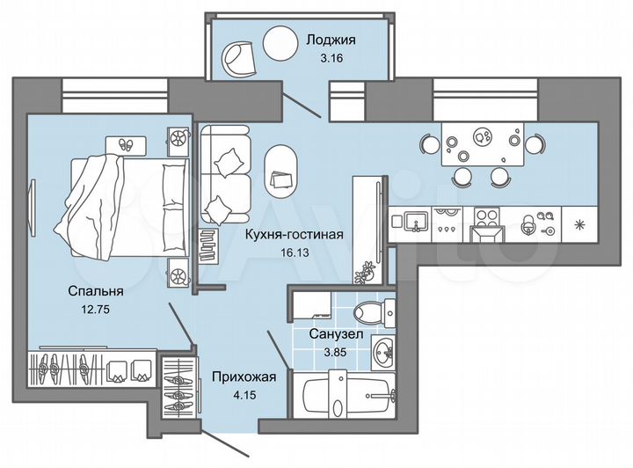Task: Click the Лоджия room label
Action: (330, 39)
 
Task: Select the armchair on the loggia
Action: (238, 60)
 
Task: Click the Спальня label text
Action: (98, 290)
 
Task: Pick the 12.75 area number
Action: (98, 309)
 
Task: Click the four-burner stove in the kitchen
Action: (485, 216)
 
